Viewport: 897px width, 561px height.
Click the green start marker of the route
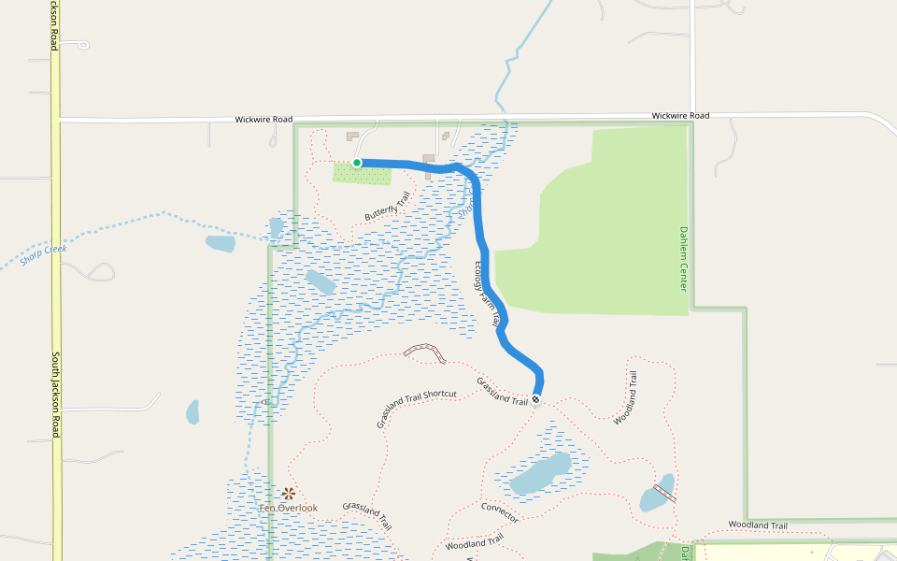357,163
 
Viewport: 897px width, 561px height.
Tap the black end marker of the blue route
536,400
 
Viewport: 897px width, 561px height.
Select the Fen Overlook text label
289,508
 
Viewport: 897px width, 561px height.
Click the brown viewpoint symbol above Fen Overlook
289,493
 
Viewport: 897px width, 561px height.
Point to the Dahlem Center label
684,257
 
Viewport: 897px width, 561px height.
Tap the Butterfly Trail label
388,207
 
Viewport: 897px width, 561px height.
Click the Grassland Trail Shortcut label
417,408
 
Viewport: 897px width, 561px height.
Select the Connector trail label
500,512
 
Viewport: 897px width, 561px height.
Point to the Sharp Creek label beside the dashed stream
37,254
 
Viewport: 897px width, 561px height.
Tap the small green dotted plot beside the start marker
363,174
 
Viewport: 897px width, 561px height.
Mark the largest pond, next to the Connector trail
540,473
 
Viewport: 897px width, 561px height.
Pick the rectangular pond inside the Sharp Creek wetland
320,282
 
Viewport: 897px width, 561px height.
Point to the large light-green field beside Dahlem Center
598,234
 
